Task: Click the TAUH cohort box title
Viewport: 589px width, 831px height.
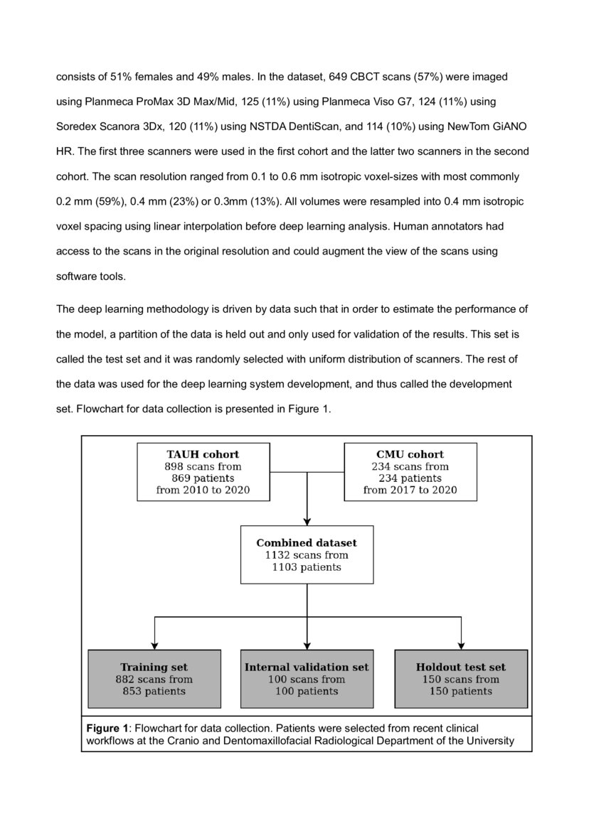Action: tap(203, 454)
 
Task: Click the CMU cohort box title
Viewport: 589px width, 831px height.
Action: tap(410, 454)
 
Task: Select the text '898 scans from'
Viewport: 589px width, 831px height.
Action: tap(203, 466)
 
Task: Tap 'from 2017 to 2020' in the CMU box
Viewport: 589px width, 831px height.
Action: tap(410, 490)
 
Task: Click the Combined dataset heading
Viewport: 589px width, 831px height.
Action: tap(307, 543)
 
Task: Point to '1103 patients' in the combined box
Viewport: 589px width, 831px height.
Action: tap(307, 567)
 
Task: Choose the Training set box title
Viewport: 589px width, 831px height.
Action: tap(154, 668)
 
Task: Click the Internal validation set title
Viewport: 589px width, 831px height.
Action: tap(307, 668)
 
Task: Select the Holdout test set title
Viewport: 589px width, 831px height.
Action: tap(461, 668)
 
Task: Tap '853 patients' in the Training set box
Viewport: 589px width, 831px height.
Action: tap(154, 691)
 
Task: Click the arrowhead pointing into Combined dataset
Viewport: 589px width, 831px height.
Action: tap(307, 520)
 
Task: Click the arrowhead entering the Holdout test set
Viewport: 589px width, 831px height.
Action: tap(461, 644)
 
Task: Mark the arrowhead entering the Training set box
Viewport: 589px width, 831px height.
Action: tap(154, 644)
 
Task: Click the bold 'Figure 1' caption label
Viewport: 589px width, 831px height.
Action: tap(107, 729)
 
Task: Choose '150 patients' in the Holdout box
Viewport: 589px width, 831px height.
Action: tap(461, 691)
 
